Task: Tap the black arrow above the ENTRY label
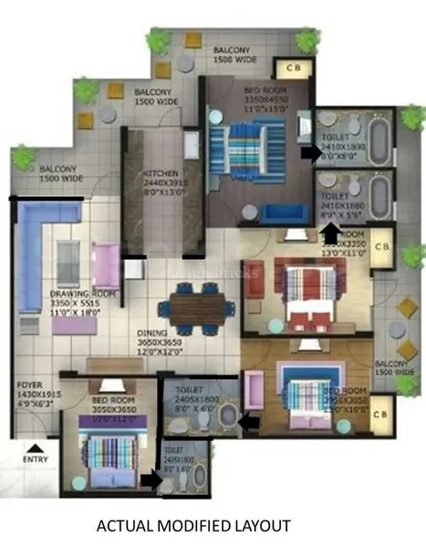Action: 35,448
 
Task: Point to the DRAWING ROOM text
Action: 82,294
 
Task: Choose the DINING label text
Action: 153,334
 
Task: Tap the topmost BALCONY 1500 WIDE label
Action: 233,54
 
